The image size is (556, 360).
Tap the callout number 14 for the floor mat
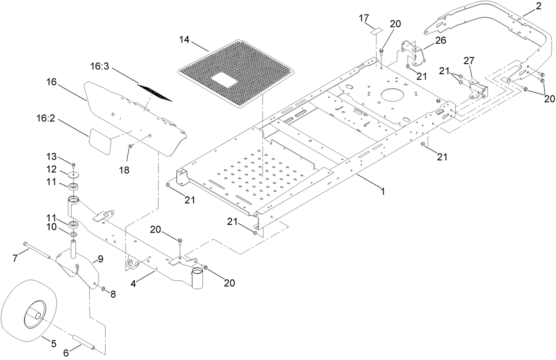184,40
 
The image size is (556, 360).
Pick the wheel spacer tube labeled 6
84,342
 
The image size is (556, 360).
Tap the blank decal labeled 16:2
100,141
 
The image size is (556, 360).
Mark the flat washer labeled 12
74,173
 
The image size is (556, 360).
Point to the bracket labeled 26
413,52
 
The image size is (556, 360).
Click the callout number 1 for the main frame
382,192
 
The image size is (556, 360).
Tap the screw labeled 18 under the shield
130,146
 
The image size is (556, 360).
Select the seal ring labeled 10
73,233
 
